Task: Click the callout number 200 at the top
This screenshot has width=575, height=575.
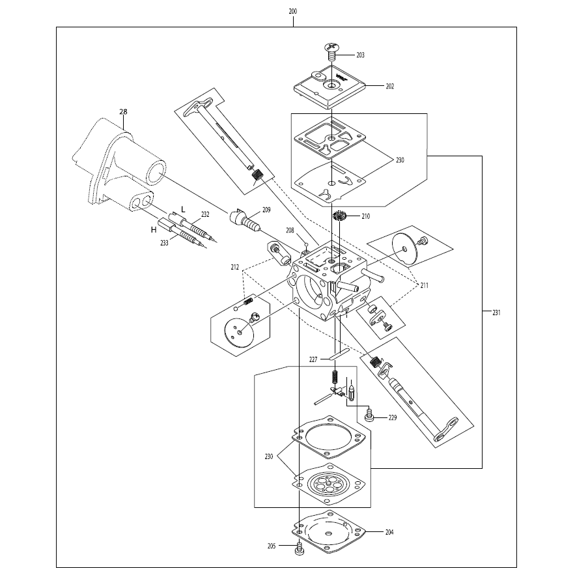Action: coord(292,11)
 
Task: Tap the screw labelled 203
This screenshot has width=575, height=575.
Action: coord(331,52)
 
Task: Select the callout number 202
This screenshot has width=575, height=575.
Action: coord(390,86)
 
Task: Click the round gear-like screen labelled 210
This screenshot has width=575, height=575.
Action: coord(340,216)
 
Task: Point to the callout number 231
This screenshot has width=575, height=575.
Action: coord(496,313)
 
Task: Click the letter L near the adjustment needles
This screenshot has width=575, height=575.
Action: coord(184,210)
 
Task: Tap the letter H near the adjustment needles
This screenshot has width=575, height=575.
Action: coord(154,230)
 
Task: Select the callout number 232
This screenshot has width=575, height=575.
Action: coord(205,214)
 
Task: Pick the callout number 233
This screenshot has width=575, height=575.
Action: coord(164,243)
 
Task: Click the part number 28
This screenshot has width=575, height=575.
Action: coord(123,111)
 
